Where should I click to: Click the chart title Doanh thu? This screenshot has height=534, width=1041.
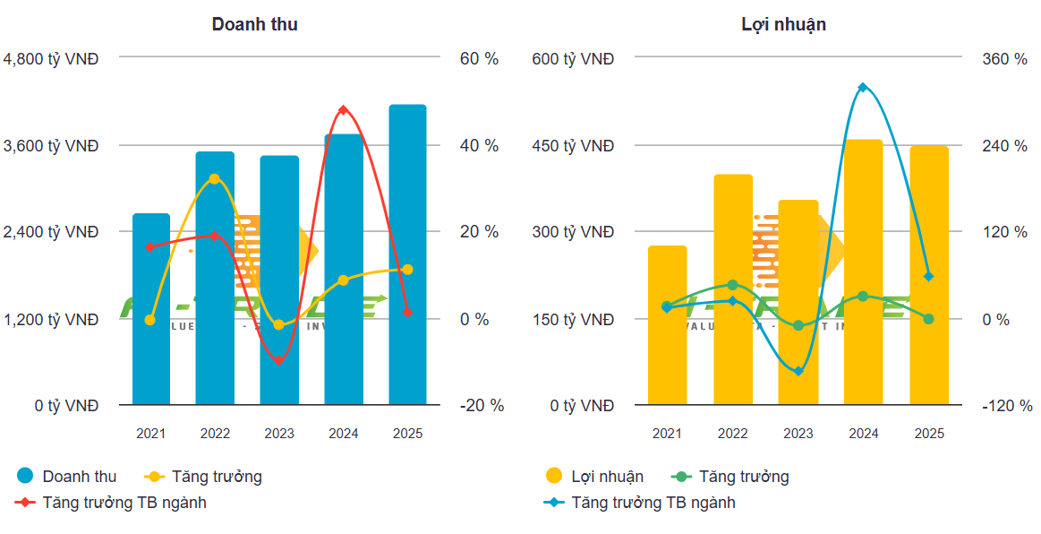coord(254,25)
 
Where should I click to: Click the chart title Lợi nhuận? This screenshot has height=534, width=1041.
coord(783,25)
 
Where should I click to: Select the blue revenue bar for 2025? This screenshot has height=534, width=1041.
coord(407,255)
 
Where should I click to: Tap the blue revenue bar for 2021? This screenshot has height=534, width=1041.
coord(151,309)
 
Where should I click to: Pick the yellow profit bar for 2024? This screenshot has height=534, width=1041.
coord(864,272)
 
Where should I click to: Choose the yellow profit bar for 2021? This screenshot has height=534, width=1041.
coord(667,325)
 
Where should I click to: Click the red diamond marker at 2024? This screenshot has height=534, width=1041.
coord(343,110)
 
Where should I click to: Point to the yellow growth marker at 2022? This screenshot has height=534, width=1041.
coord(214,179)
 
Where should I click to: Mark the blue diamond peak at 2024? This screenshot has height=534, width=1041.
coord(863,87)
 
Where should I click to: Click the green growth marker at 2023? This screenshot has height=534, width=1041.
coord(798,325)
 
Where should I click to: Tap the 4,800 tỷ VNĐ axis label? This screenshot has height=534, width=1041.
coord(51,59)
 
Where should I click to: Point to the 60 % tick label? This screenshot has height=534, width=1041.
coord(480,59)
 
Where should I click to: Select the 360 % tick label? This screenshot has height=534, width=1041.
coord(1005,59)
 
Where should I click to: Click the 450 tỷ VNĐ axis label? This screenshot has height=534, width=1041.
coord(573,146)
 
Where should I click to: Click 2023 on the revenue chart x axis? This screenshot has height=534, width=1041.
coord(279,434)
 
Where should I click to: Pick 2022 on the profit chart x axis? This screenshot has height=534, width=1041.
coord(732,434)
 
